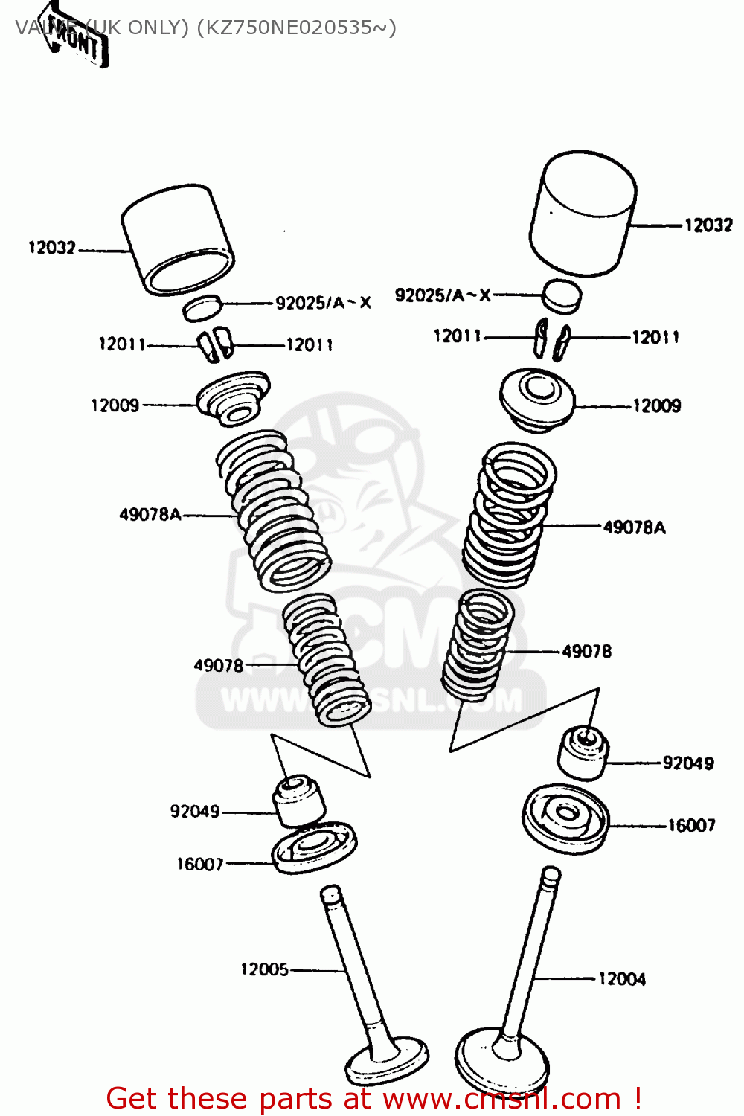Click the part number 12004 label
[622, 979]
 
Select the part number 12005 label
[264, 969]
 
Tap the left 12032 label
[52, 248]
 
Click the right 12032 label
[708, 225]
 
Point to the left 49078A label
[150, 515]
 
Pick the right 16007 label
[691, 825]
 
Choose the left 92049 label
[195, 812]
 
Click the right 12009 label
[657, 406]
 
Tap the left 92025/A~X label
[323, 303]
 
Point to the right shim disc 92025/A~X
[561, 295]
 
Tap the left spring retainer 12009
[233, 398]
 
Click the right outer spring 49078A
[510, 513]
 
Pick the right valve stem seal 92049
[583, 752]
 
